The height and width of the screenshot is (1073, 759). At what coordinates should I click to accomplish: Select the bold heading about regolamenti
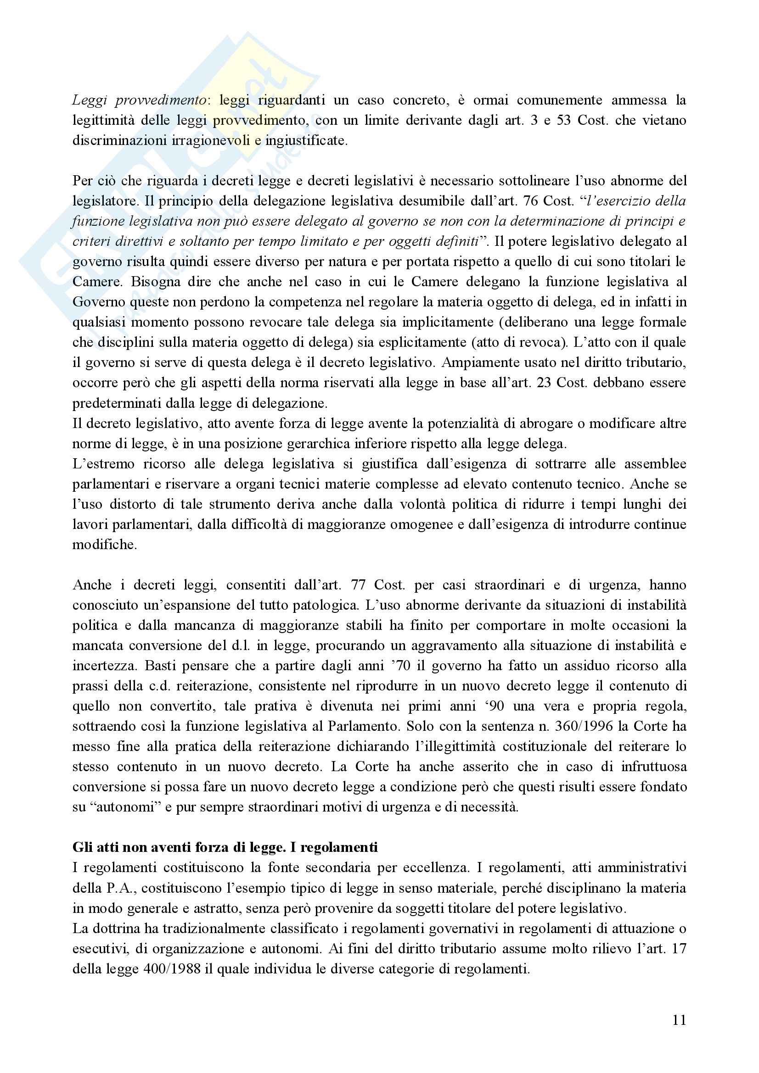[x=225, y=847]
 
